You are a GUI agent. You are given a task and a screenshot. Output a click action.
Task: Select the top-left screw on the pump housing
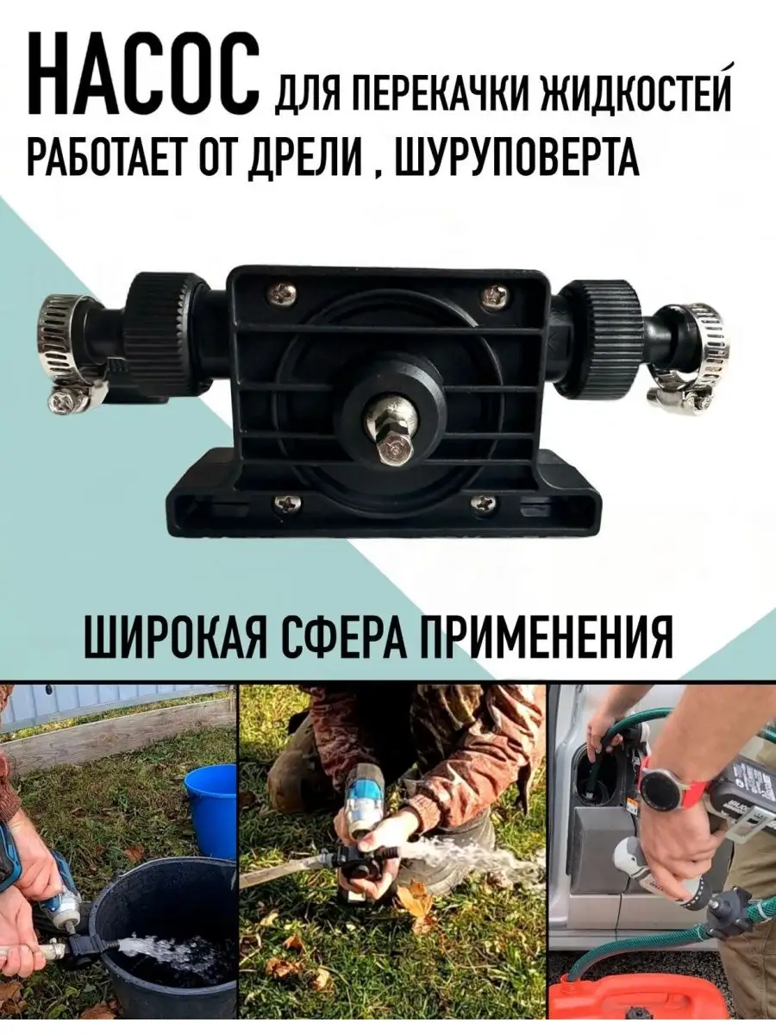point(282,295)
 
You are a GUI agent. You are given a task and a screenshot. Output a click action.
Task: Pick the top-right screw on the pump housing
point(495,294)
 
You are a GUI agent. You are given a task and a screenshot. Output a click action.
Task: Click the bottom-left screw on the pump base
point(287,505)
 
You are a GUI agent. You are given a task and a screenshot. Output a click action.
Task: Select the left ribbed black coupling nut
point(166,336)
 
